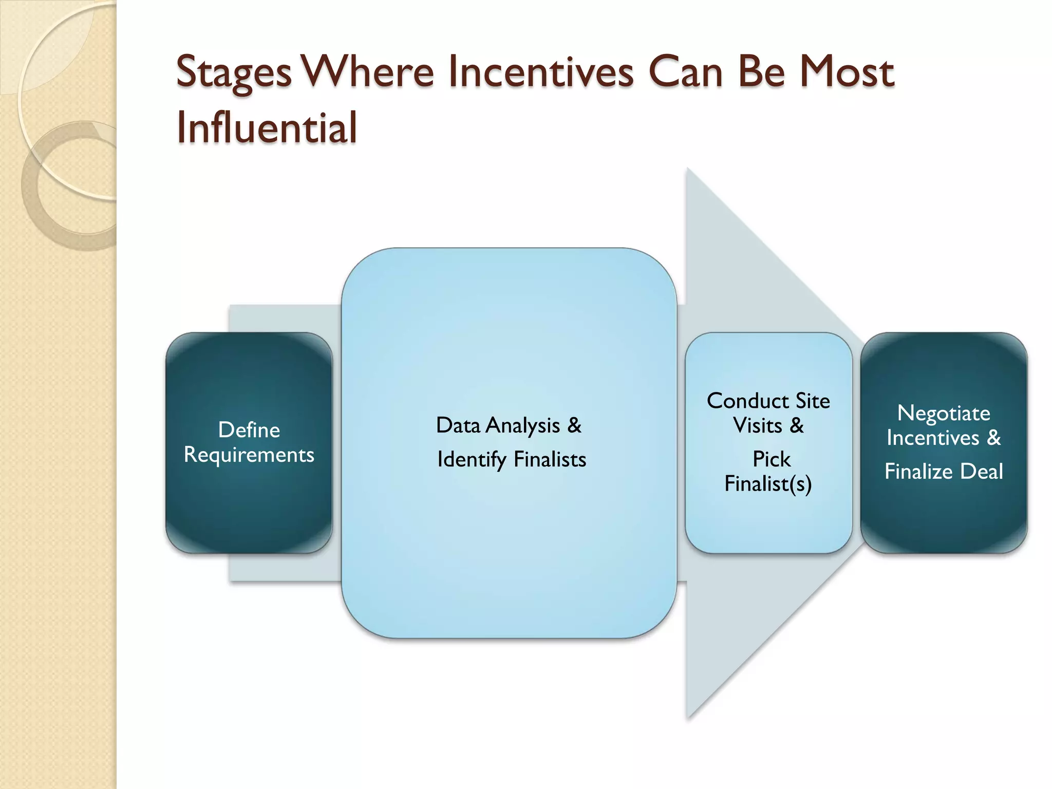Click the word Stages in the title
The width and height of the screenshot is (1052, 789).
click(x=234, y=73)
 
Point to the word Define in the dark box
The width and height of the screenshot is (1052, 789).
click(x=249, y=430)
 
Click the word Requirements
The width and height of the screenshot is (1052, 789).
click(x=249, y=455)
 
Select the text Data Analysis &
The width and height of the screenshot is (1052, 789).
click(x=509, y=425)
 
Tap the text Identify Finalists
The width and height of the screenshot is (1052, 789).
click(x=512, y=459)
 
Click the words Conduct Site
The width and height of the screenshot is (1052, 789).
click(x=768, y=401)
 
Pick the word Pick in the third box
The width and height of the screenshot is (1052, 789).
click(x=771, y=459)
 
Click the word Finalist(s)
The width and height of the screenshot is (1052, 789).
click(x=768, y=484)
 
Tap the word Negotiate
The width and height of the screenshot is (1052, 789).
click(x=944, y=414)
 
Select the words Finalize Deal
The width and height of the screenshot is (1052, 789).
click(x=944, y=472)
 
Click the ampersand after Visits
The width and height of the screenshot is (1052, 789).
click(x=797, y=426)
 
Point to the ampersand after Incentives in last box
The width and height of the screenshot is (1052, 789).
click(x=994, y=438)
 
